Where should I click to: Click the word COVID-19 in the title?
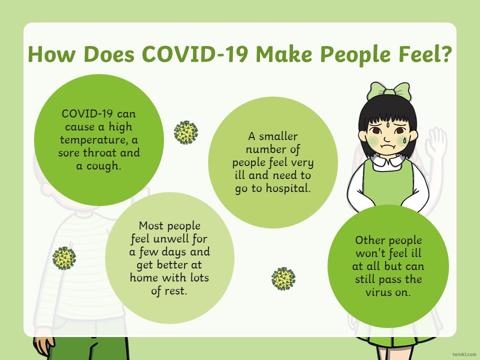pos(194,54)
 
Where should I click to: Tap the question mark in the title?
pos(445,54)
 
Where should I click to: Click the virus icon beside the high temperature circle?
pos(186,132)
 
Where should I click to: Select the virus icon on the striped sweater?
pos(64,258)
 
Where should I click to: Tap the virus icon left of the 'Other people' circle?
pos(283,278)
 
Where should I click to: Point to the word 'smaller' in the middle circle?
pos(278,136)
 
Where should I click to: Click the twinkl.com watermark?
pos(464,354)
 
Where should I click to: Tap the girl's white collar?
pos(387,162)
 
